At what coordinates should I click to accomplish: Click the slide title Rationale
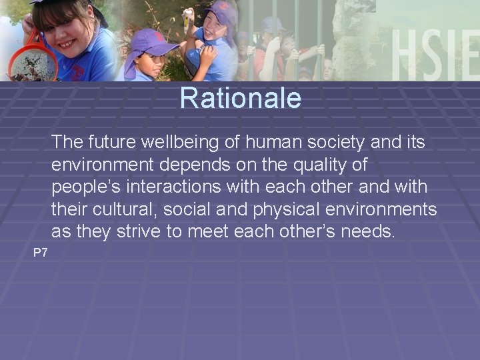point(240,99)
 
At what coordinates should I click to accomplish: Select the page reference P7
point(41,252)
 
